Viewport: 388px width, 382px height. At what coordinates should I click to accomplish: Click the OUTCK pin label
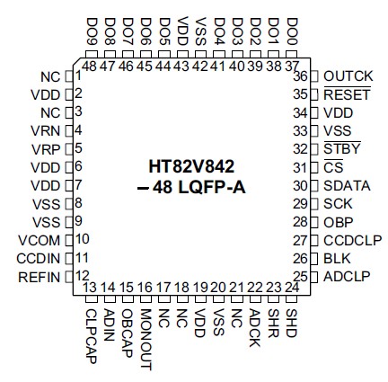[348, 77]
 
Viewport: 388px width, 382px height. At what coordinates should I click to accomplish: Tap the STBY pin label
[342, 148]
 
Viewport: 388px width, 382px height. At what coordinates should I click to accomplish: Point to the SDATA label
[346, 185]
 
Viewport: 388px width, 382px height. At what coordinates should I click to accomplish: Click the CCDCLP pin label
[352, 240]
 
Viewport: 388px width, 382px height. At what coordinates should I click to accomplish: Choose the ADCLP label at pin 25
[347, 276]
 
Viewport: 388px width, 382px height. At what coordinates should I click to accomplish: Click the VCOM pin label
[40, 239]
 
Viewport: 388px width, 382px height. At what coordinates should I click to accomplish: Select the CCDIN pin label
[40, 257]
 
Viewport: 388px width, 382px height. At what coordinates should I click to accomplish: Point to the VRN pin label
[47, 130]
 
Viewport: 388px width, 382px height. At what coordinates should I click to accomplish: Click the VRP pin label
[47, 148]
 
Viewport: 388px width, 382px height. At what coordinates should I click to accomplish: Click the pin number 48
[90, 66]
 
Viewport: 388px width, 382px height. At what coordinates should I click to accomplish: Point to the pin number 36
[301, 77]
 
